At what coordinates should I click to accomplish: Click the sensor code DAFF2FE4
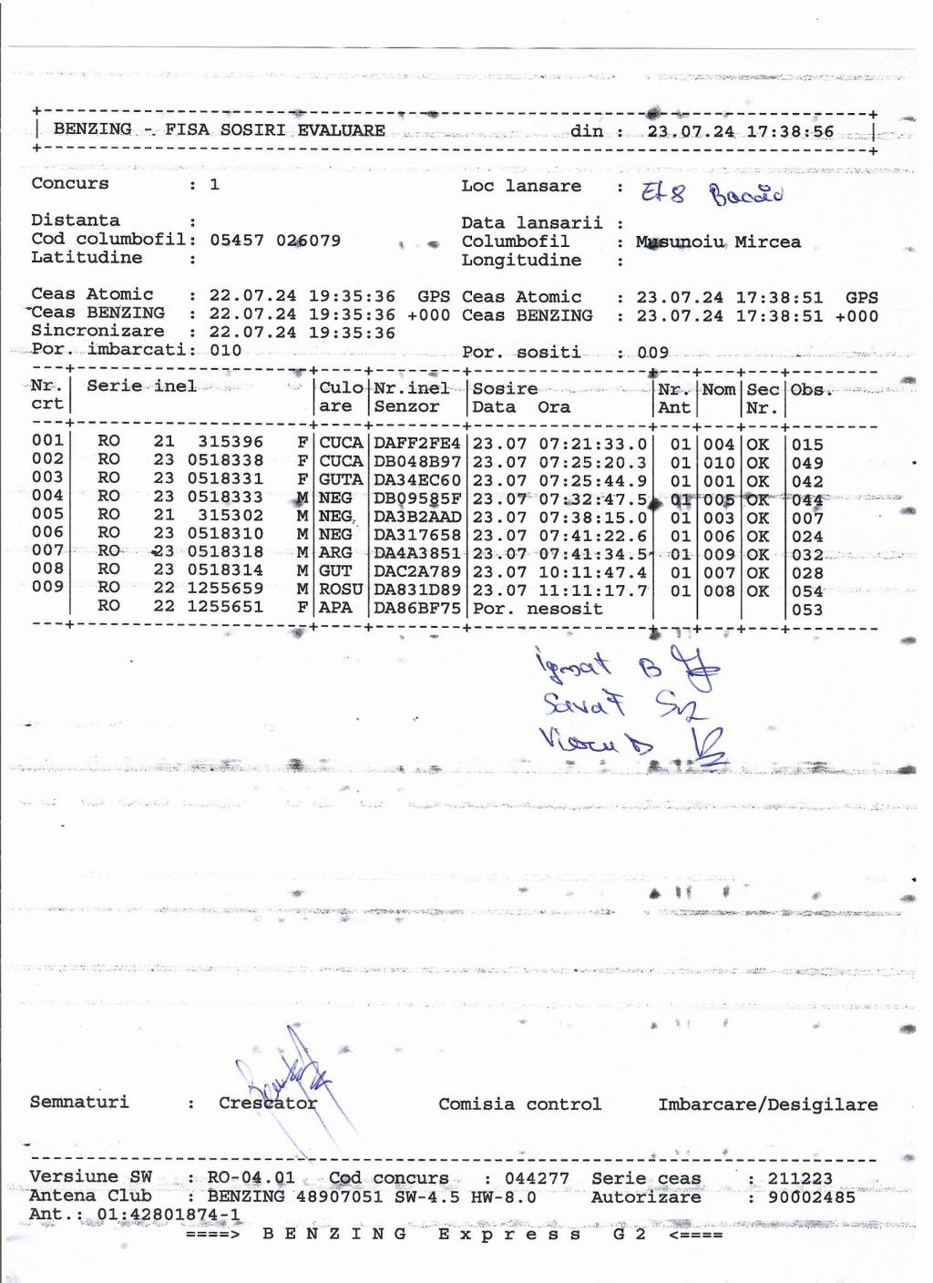click(417, 444)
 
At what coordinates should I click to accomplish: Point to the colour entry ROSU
click(341, 590)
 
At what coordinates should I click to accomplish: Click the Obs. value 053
click(807, 610)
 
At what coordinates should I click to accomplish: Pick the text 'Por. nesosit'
click(538, 608)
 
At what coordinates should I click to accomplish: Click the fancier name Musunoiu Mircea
click(718, 242)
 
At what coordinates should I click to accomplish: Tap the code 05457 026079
click(275, 241)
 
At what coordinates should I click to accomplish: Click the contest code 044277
click(537, 1178)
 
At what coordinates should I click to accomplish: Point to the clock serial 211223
click(799, 1179)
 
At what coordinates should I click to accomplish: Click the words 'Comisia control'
click(519, 1104)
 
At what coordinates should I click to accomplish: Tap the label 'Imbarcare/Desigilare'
click(768, 1104)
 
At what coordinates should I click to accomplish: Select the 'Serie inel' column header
click(141, 385)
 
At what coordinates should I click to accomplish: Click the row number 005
click(47, 514)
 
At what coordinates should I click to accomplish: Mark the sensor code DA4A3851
click(417, 553)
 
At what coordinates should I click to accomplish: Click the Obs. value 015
click(807, 446)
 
